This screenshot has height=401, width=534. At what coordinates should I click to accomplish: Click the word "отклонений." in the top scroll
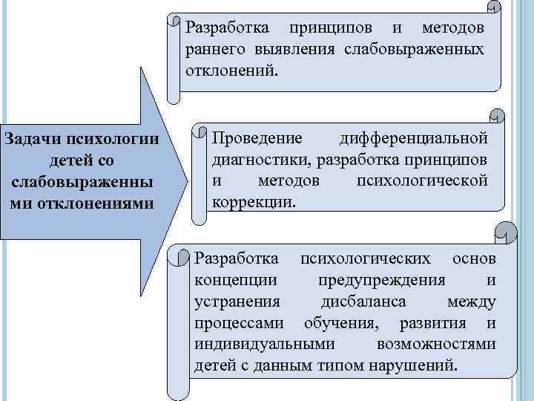[x=231, y=71]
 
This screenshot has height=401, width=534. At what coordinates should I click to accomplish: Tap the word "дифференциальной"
[x=413, y=139]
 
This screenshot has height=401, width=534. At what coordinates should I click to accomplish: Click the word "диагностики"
[x=256, y=160]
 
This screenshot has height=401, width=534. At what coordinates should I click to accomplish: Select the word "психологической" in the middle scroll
[x=422, y=180]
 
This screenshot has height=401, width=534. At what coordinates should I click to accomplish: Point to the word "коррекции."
[x=253, y=201]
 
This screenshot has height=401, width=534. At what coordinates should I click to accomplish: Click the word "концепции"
[x=237, y=280]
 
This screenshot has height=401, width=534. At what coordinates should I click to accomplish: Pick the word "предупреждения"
[x=382, y=280]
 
